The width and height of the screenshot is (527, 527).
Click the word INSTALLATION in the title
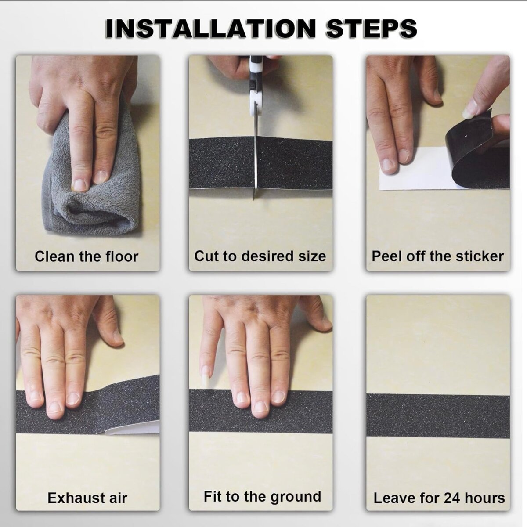[x=211, y=29]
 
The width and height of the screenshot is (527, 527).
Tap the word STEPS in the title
[x=372, y=29]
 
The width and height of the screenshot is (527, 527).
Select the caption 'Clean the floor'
[x=87, y=256]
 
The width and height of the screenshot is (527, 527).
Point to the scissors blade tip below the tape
[x=254, y=199]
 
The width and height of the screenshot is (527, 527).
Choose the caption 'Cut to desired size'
[x=260, y=256]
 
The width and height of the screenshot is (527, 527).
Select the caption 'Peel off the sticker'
[x=437, y=256]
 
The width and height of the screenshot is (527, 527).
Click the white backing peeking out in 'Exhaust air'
[x=131, y=430]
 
